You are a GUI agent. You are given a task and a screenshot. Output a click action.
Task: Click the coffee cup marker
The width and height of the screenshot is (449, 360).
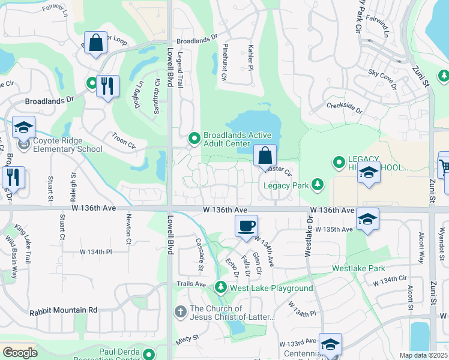coord(246,227)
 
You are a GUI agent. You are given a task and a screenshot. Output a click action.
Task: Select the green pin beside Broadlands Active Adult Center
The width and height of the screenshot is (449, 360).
coord(194,139)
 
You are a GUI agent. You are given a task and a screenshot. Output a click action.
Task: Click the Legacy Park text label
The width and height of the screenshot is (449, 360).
coord(286,185)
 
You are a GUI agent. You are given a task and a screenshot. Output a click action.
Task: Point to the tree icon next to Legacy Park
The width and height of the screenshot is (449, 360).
coord(318,185)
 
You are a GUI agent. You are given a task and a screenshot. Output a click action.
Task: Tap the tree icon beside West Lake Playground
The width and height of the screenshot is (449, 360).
coord(220,288)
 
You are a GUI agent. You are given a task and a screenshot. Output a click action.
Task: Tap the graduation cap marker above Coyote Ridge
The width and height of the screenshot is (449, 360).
coord(24,128)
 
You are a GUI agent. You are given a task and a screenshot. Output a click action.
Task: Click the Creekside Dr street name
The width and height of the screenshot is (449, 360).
coord(345,108)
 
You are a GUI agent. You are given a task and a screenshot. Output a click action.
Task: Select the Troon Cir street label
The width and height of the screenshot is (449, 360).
coord(124,141)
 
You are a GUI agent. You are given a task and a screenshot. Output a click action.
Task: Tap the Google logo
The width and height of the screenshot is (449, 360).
coord(20,352)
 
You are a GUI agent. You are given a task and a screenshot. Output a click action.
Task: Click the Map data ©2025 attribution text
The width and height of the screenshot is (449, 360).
coord(423,355)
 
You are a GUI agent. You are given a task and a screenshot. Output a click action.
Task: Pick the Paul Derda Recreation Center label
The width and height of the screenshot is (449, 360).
coord(130,352)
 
